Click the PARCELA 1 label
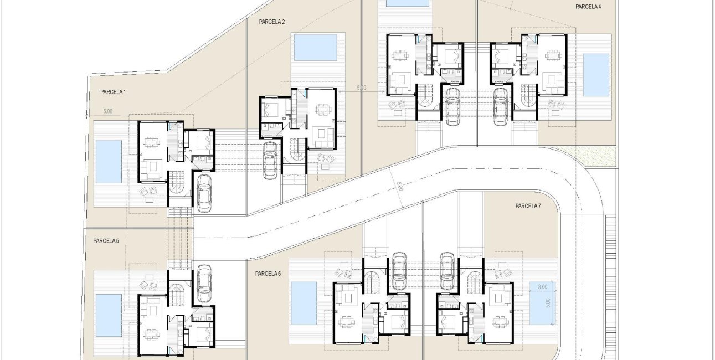(113, 92)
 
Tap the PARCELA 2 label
(271, 22)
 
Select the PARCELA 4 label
(588, 7)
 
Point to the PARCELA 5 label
(106, 240)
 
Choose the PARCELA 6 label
(268, 274)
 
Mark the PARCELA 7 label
(528, 206)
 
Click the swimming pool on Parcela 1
(109, 162)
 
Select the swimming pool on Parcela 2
(315, 48)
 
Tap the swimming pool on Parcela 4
(596, 75)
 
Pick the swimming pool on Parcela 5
(109, 315)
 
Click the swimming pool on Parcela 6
(304, 303)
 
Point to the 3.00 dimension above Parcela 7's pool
(542, 287)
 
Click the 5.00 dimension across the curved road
(399, 186)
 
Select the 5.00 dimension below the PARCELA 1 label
(108, 111)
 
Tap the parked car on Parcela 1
(204, 193)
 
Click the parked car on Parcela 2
(270, 160)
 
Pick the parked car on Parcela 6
(399, 271)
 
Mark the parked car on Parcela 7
(447, 271)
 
